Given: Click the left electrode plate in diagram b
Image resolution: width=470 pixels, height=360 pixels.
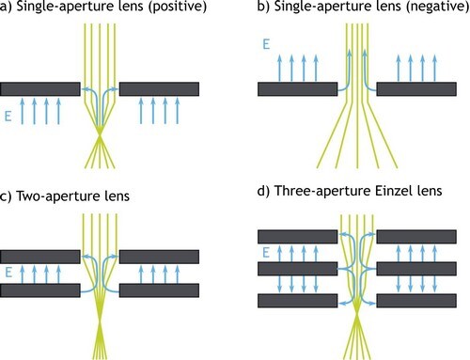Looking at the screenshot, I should pos(297,89).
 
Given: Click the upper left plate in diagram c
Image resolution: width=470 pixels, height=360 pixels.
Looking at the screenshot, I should pos(40,256).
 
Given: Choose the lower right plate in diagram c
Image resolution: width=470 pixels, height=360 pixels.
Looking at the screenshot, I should pos(160,290).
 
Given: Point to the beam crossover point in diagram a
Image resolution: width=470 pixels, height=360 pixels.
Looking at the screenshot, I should pos(101,141).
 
